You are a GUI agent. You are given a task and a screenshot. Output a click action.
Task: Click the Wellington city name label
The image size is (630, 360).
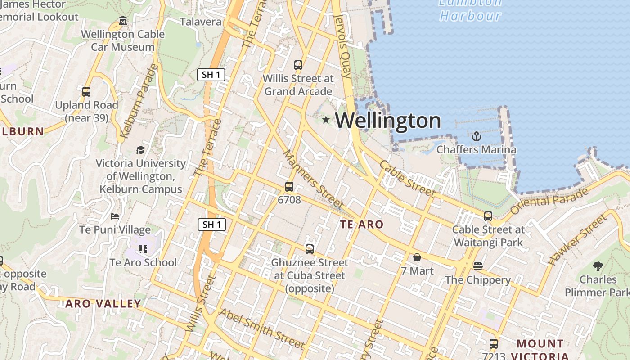(388, 121)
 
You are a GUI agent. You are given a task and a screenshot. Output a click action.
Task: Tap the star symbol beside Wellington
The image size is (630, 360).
(326, 120)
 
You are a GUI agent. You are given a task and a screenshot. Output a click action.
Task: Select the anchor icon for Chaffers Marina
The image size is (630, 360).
(476, 136)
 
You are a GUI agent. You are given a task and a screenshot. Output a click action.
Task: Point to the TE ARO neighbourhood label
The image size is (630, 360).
(362, 225)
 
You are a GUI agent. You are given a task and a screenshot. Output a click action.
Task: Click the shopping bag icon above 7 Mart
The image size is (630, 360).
(417, 257)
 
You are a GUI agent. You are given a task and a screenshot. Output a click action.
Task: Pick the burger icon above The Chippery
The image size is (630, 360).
(478, 266)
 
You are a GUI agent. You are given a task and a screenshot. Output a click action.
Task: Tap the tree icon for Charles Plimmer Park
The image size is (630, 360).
(598, 266)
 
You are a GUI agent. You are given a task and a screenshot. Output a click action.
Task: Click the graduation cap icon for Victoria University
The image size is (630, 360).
(141, 150)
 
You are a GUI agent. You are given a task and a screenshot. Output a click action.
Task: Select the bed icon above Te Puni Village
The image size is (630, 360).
(115, 216)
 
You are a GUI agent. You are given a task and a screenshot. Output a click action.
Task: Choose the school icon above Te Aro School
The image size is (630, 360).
(143, 249)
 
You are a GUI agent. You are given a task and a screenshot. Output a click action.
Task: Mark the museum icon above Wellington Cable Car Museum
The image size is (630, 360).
(123, 21)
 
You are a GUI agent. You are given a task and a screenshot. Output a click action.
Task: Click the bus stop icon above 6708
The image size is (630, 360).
(289, 186)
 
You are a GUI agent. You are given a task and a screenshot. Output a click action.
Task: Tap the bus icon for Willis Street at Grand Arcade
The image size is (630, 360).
(298, 65)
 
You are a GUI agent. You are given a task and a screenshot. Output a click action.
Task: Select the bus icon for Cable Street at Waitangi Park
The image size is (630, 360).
(488, 216)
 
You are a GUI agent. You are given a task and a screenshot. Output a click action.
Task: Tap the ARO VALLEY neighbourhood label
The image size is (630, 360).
(103, 304)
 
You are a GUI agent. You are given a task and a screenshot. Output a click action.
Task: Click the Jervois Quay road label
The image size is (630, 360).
(344, 46)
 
